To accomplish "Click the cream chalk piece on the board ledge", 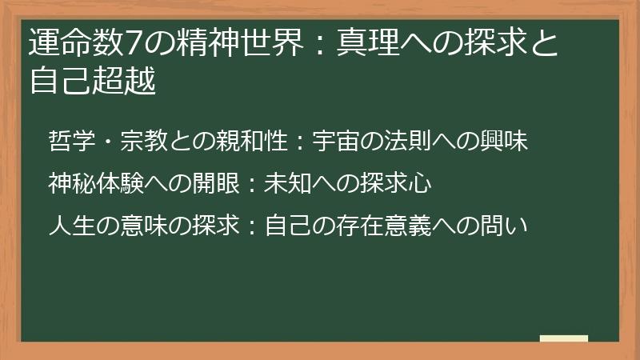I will point(563,338).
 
